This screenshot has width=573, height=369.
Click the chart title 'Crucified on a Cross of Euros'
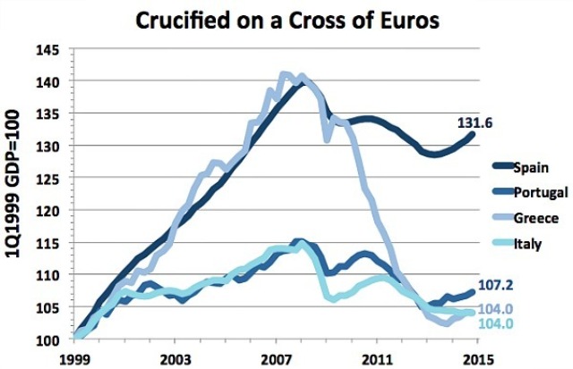pos(287,20)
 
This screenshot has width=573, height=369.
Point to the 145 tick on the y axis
pos(54,49)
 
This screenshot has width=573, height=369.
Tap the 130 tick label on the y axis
pos(54,146)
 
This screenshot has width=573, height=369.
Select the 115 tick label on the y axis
pos(54,243)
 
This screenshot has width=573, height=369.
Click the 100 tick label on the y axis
pos(54,340)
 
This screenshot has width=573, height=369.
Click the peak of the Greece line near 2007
pos(286,74)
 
